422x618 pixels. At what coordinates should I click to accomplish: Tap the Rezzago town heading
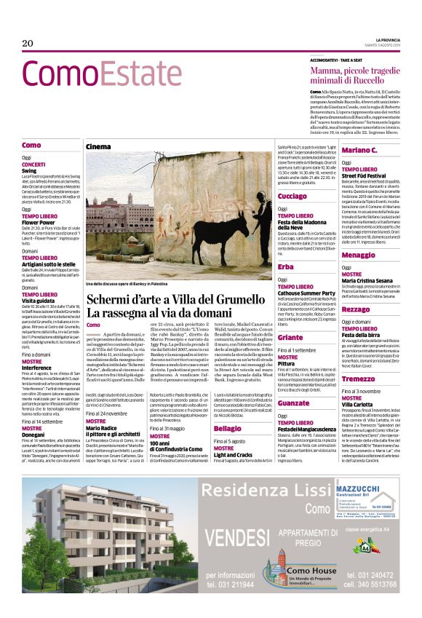point(357,309)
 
